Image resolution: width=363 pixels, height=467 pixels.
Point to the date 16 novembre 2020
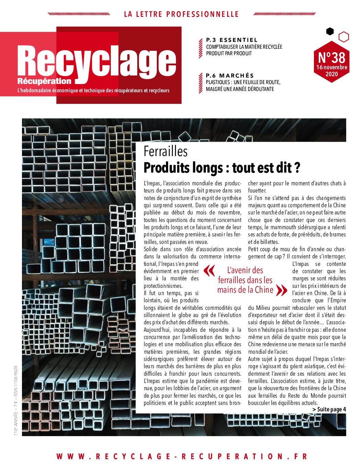click(x=331, y=71)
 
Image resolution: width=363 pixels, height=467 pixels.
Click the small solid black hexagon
click(x=330, y=32)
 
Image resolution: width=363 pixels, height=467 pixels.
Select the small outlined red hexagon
click(x=343, y=37)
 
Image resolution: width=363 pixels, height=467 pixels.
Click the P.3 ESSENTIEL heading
click(x=232, y=40)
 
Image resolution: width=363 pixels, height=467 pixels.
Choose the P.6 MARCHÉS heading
click(x=230, y=75)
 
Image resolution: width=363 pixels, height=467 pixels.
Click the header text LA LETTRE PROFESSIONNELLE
click(x=181, y=14)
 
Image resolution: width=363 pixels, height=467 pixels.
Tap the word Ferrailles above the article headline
click(x=166, y=151)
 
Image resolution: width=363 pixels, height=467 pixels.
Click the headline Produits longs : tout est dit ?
click(x=222, y=168)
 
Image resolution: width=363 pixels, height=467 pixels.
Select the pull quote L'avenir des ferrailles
click(x=245, y=280)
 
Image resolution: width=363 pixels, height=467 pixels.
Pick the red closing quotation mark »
click(x=282, y=290)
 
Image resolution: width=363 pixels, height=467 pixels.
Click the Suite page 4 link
click(x=329, y=409)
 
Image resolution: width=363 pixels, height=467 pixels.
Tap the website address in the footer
click(x=182, y=456)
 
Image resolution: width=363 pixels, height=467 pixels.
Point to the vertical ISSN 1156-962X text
click(x=15, y=381)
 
